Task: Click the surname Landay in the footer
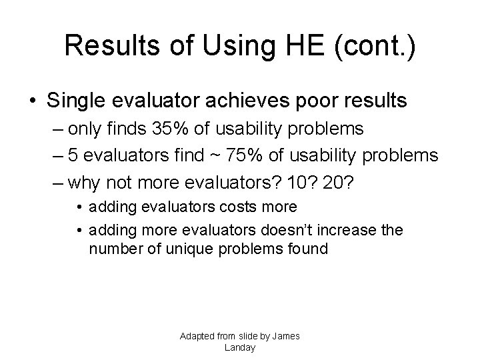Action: point(240,347)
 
